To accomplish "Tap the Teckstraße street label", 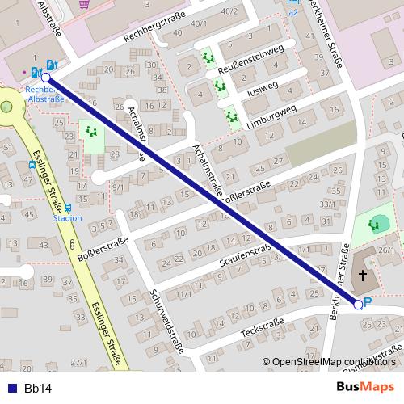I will pyautogui.click(x=263, y=330).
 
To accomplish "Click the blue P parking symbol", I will pyautogui.click(x=368, y=302).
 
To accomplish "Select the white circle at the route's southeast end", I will pyautogui.click(x=358, y=304).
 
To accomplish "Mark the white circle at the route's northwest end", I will pyautogui.click(x=45, y=78).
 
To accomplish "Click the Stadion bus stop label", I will pyautogui.click(x=68, y=218).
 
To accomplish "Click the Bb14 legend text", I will pyautogui.click(x=38, y=389).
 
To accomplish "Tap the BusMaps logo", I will pyautogui.click(x=365, y=387).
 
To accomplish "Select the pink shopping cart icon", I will pyautogui.click(x=83, y=3).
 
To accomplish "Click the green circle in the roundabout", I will pyautogui.click(x=6, y=105).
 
